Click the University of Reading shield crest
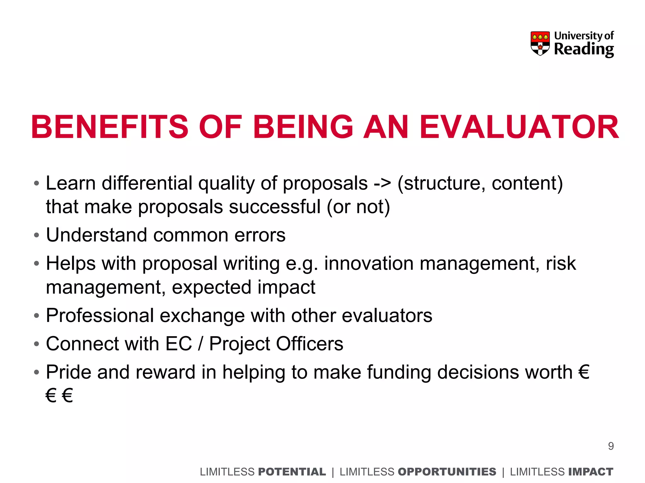540,43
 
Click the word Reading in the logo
584,49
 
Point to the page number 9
611,446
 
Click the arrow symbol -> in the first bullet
382,183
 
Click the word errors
260,235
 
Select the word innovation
369,264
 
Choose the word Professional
100,315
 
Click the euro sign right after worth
584,372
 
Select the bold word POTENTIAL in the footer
292,472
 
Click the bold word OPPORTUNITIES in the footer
447,472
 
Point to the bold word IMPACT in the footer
591,472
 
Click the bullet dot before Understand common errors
37,235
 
